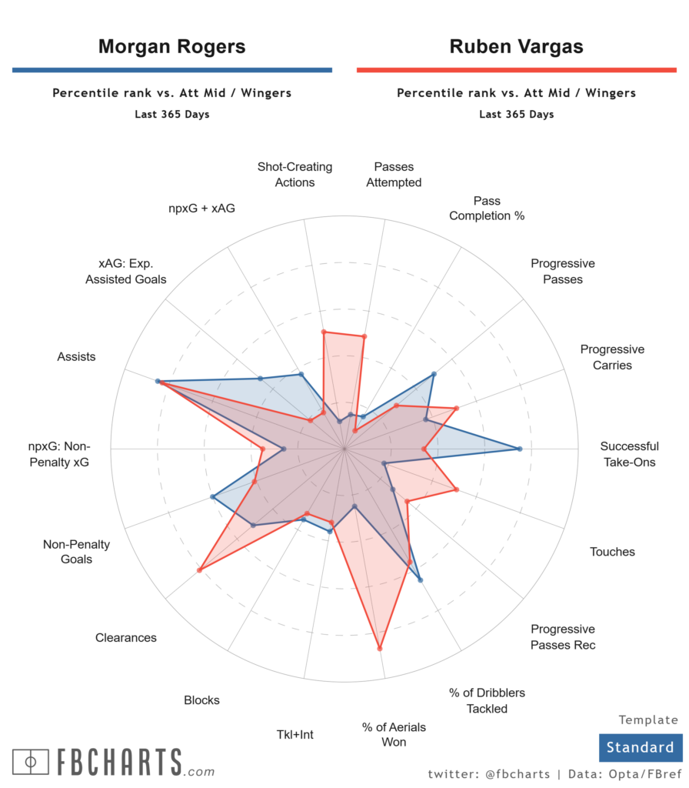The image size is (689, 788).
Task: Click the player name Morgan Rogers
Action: (171, 46)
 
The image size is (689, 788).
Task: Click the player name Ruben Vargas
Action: (516, 46)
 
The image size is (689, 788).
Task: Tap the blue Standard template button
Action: (640, 747)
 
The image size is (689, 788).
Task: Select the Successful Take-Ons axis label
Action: (629, 454)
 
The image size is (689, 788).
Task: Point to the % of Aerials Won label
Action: (394, 734)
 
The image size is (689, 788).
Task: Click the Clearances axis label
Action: (126, 637)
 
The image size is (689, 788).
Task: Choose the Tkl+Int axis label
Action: (295, 734)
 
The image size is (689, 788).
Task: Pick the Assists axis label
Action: (76, 356)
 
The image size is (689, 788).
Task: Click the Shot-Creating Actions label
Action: (295, 175)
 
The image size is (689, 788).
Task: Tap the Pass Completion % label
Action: (487, 208)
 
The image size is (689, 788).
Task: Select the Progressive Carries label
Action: (612, 357)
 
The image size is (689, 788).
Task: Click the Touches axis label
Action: (612, 552)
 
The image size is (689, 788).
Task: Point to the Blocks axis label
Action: (201, 700)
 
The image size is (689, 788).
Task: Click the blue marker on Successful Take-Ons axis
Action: (520, 449)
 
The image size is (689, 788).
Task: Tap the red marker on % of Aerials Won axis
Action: (380, 649)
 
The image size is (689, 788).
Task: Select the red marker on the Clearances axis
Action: (199, 570)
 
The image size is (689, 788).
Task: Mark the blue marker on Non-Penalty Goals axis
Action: (212, 497)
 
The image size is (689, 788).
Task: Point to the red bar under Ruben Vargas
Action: (516, 70)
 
